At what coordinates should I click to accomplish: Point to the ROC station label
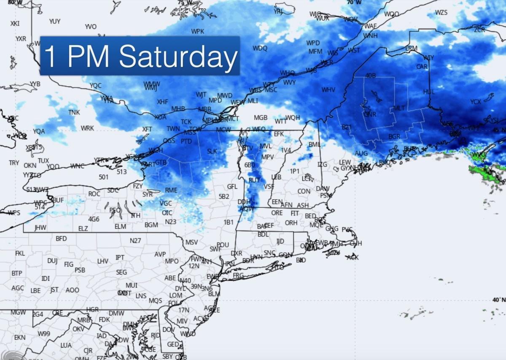click(x=94, y=194)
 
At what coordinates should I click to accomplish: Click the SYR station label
click(x=148, y=195)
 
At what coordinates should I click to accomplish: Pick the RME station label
click(x=171, y=190)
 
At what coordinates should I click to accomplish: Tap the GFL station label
click(x=232, y=187)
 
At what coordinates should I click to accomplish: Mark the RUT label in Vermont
click(x=254, y=180)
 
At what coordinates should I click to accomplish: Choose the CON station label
click(x=304, y=191)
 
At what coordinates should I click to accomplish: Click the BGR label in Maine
click(x=394, y=137)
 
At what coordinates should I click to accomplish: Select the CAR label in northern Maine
click(x=422, y=67)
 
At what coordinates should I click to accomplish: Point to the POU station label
click(x=223, y=245)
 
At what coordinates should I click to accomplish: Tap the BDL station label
click(x=263, y=234)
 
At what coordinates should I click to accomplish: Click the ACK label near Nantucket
click(x=353, y=257)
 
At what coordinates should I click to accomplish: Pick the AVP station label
click(x=160, y=254)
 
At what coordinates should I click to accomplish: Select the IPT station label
click(x=120, y=257)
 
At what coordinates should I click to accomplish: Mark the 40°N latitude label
click(x=498, y=299)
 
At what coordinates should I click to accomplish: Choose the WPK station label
click(x=197, y=32)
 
